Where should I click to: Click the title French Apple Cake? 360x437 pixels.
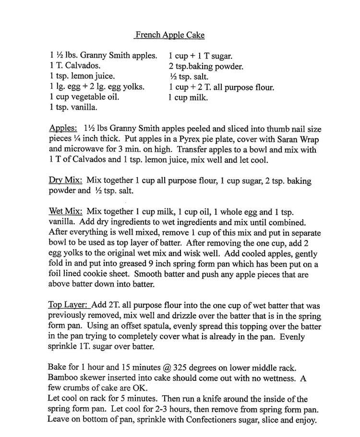tap(170, 35)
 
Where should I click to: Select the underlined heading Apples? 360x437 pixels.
tap(63, 129)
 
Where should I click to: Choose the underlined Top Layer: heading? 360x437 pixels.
tap(68, 305)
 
